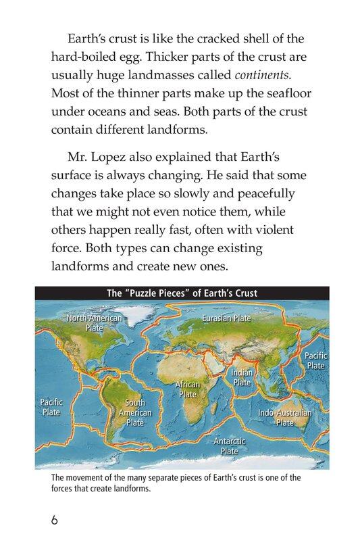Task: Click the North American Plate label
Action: click(x=94, y=322)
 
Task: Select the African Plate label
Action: click(x=188, y=389)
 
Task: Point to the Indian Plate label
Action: click(x=242, y=377)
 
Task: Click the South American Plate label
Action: click(x=135, y=412)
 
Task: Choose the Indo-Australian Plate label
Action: click(x=284, y=417)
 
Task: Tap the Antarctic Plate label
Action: click(x=230, y=446)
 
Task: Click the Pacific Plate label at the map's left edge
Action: click(x=51, y=407)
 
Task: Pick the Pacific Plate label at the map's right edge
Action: click(x=315, y=360)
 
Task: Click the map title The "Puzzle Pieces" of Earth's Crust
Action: click(x=182, y=293)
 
